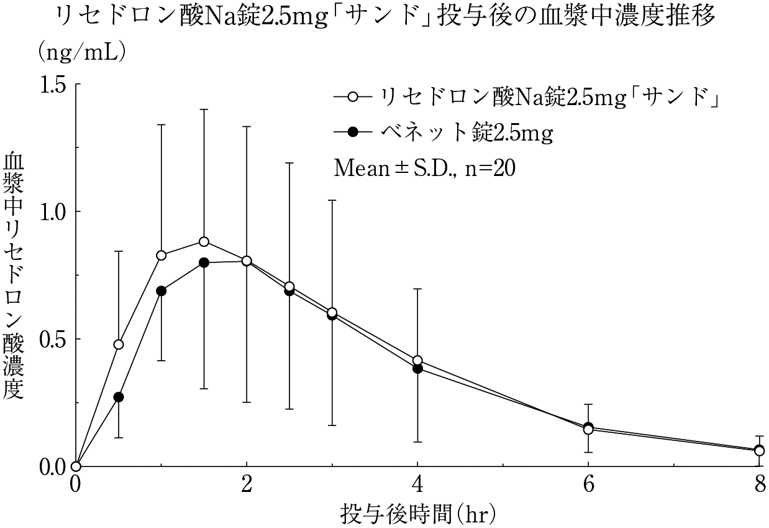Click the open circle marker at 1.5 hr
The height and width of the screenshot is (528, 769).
click(x=204, y=241)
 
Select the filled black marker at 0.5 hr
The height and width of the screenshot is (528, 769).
click(x=119, y=397)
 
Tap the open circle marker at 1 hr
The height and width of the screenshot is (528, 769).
click(x=162, y=255)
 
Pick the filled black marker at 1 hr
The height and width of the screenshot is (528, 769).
click(x=162, y=290)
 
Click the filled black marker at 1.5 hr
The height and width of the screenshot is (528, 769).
click(x=204, y=262)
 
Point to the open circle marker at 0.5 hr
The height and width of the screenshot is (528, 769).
click(x=119, y=344)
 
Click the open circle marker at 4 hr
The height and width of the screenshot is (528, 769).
click(x=417, y=360)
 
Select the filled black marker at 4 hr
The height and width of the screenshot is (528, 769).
click(x=417, y=369)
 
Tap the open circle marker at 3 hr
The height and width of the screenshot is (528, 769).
click(x=332, y=312)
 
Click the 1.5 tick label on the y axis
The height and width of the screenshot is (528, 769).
click(x=53, y=84)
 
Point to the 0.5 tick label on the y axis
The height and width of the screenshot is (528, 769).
click(x=53, y=339)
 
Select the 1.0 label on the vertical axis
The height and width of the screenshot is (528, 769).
click(x=53, y=211)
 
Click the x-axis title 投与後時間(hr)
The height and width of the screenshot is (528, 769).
click(x=417, y=514)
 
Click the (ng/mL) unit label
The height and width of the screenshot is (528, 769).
click(x=83, y=53)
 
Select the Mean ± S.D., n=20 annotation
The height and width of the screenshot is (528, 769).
click(x=424, y=168)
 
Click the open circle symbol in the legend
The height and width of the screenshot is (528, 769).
click(x=353, y=97)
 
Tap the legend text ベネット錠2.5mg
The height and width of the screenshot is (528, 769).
click(x=466, y=132)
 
